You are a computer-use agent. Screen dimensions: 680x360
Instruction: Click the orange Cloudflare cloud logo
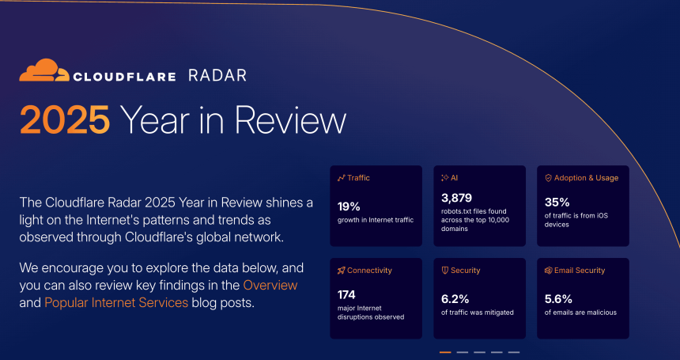pos(44,70)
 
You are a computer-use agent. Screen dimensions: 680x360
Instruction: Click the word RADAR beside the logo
pos(217,75)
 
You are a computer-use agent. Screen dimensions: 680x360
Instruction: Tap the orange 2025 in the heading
pos(65,119)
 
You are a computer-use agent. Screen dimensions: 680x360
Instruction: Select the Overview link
pos(270,285)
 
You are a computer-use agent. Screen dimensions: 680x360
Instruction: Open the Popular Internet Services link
pos(116,302)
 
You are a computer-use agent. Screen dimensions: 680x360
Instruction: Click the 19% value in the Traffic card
pos(349,207)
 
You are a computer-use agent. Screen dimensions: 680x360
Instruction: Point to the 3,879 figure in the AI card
pos(456,199)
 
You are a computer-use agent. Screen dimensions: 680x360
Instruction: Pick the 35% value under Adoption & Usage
pos(557,202)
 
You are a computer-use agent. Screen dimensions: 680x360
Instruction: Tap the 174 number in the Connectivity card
pos(346,295)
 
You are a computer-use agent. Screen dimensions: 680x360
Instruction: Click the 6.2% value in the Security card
pos(455,299)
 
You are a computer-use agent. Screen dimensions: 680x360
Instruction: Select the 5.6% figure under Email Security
pos(558,299)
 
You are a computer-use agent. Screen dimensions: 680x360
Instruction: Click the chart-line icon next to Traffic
pos(342,178)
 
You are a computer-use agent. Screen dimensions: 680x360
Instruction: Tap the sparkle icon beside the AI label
pos(444,178)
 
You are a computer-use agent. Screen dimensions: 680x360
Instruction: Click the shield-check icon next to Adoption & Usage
pos(548,178)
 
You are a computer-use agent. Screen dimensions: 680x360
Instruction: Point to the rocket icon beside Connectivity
pos(342,271)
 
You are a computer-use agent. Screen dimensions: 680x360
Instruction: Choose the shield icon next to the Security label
pos(444,271)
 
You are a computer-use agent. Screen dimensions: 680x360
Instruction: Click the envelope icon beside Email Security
pos(548,271)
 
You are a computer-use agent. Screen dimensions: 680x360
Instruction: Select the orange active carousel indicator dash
pos(445,352)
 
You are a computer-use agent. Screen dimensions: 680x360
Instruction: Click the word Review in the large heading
pos(290,119)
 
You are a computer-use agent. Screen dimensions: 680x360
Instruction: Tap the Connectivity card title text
pos(369,271)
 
